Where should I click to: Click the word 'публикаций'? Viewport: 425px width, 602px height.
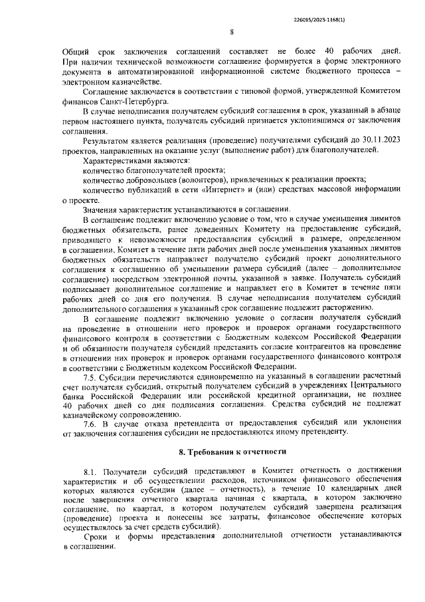[x=157, y=189]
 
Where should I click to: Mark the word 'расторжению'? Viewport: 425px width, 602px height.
[x=325, y=309]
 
